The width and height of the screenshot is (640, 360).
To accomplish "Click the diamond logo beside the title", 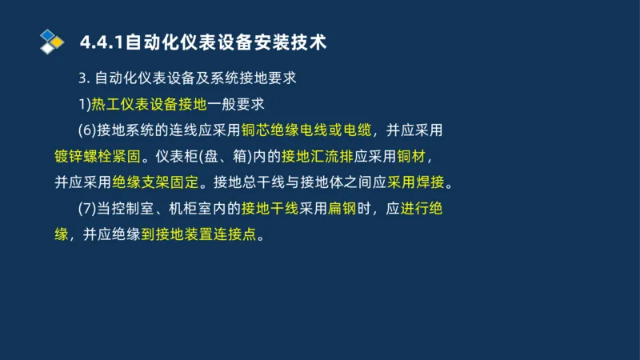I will pos(52,42).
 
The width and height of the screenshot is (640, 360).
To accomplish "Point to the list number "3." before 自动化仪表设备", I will pos(85,78).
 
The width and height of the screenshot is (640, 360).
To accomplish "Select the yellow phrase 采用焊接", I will pos(416,182).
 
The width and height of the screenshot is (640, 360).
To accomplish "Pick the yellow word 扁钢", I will pos(341,209).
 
